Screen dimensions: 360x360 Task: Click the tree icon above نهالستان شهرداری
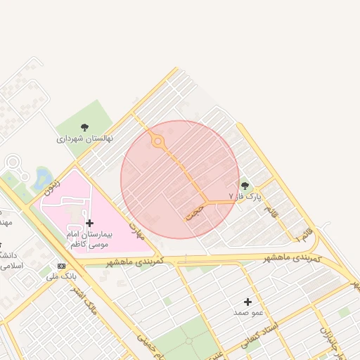click(x=85, y=127)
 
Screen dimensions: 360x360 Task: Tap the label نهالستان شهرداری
click(x=85, y=139)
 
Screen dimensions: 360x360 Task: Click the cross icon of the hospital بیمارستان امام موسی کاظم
click(x=89, y=223)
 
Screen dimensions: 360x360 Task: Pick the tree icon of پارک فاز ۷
click(x=245, y=186)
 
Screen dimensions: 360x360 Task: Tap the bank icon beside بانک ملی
click(x=61, y=266)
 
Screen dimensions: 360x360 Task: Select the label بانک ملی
click(x=61, y=277)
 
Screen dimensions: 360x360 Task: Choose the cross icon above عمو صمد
click(x=247, y=301)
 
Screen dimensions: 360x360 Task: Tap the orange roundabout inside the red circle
click(x=158, y=142)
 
